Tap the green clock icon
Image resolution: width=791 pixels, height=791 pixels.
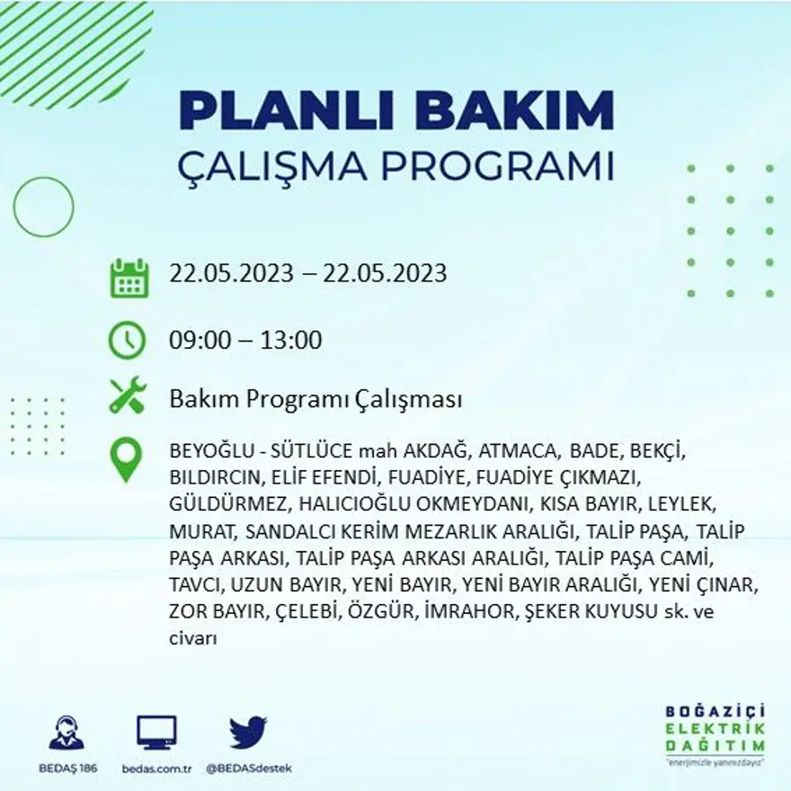[x=127, y=340]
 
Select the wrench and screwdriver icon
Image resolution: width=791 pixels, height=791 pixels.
[x=127, y=395]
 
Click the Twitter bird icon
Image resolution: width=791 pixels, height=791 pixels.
[x=248, y=732]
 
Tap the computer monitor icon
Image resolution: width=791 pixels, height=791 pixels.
[x=156, y=733]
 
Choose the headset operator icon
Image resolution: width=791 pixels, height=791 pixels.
[x=67, y=733]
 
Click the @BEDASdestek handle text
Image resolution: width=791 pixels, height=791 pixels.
[x=249, y=769]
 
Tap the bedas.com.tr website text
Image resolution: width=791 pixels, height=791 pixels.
[x=156, y=769]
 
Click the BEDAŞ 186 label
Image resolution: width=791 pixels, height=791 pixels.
[x=67, y=769]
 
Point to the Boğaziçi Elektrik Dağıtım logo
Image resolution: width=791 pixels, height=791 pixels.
[x=715, y=732]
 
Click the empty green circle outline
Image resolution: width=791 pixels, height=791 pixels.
[x=43, y=207]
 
